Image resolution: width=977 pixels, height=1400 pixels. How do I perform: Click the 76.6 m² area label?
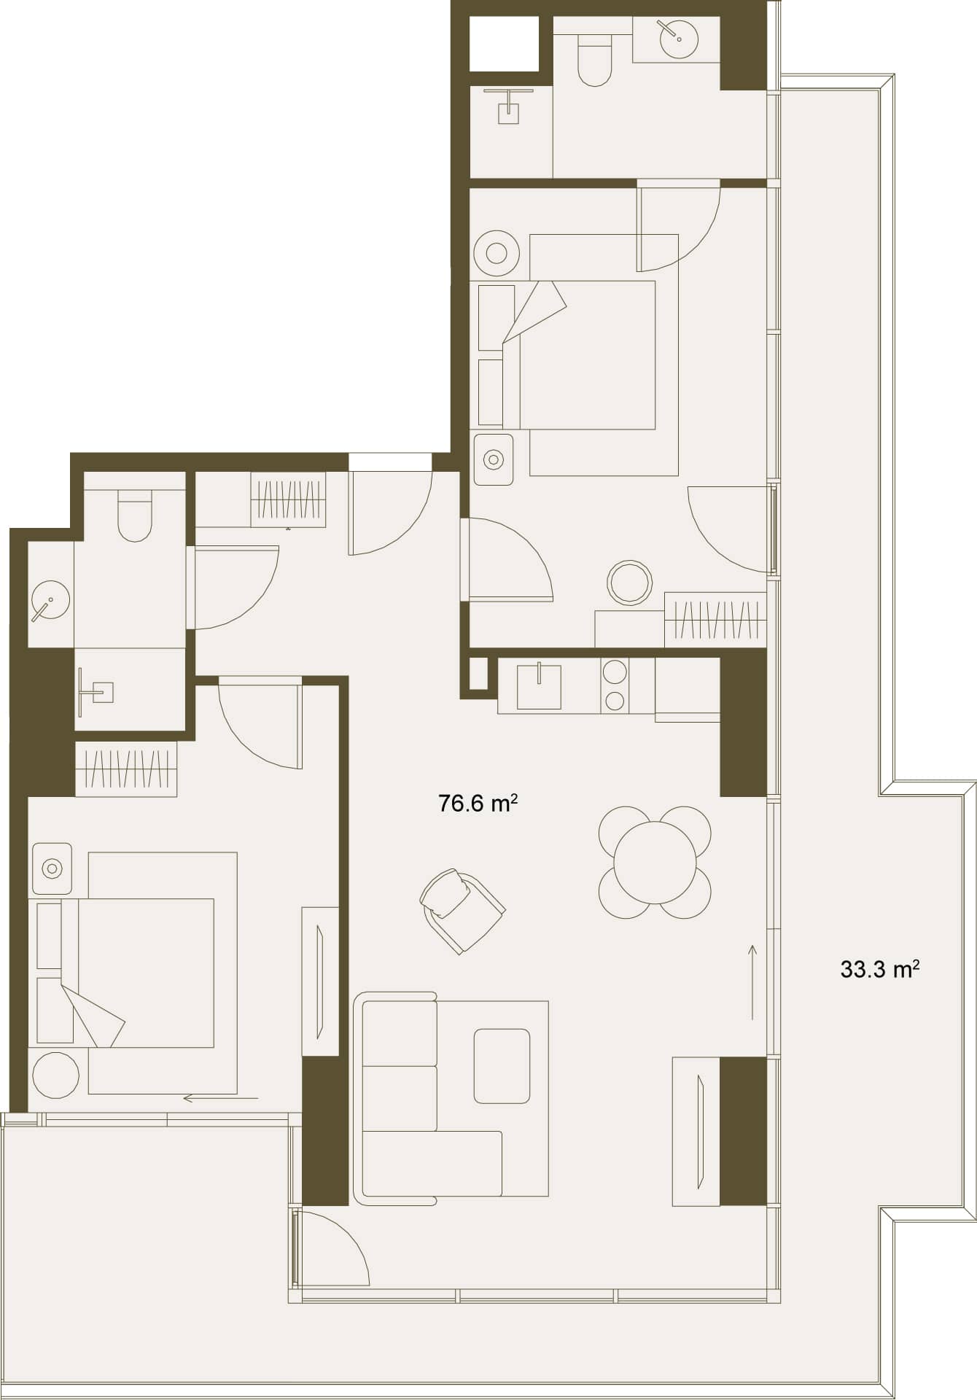[478, 804]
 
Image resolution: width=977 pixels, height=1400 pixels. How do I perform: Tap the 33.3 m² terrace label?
[879, 969]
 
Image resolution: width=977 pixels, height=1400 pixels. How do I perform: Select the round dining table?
[655, 862]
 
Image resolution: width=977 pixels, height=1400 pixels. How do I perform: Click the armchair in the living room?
[462, 910]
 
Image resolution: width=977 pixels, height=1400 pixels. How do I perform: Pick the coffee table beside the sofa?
[502, 1065]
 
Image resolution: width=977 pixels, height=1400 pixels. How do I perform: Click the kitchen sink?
[539, 686]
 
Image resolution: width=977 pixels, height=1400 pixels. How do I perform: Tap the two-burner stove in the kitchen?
[615, 685]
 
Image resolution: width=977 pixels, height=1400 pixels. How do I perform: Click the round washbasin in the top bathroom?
[679, 38]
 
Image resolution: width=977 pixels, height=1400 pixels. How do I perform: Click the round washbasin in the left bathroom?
[50, 601]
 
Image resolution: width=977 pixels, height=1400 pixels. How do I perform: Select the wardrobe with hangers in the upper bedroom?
[715, 619]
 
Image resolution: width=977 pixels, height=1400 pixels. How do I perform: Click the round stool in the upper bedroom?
[629, 583]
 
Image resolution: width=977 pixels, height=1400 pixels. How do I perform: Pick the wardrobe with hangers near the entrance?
[288, 499]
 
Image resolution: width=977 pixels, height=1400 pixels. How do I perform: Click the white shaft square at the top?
[504, 43]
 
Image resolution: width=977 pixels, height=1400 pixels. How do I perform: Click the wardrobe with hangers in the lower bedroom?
[126, 769]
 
